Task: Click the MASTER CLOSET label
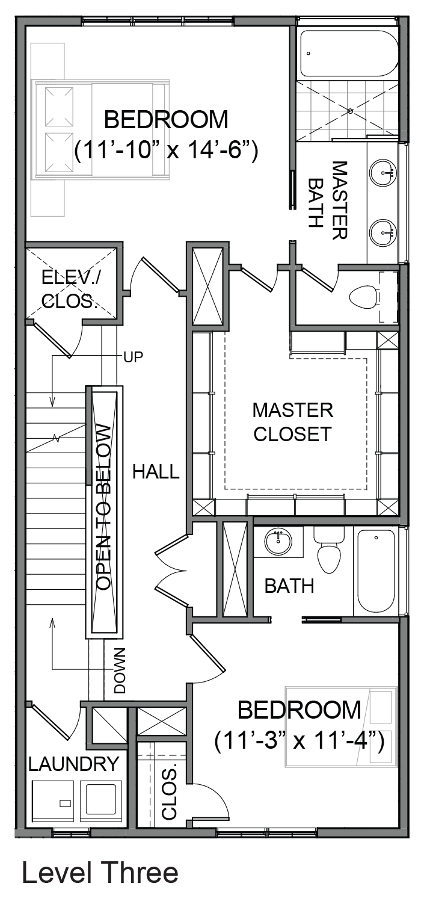pyautogui.click(x=293, y=422)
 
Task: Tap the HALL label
pyautogui.click(x=156, y=472)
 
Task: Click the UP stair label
pyautogui.click(x=133, y=357)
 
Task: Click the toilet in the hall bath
pyautogui.click(x=330, y=551)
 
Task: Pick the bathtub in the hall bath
pyautogui.click(x=376, y=571)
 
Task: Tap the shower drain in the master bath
pyautogui.click(x=351, y=110)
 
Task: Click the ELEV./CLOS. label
pyautogui.click(x=71, y=289)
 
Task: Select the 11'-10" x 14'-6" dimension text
pyautogui.click(x=166, y=151)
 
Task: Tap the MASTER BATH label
pyautogui.click(x=327, y=200)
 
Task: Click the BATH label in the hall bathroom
pyautogui.click(x=289, y=586)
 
